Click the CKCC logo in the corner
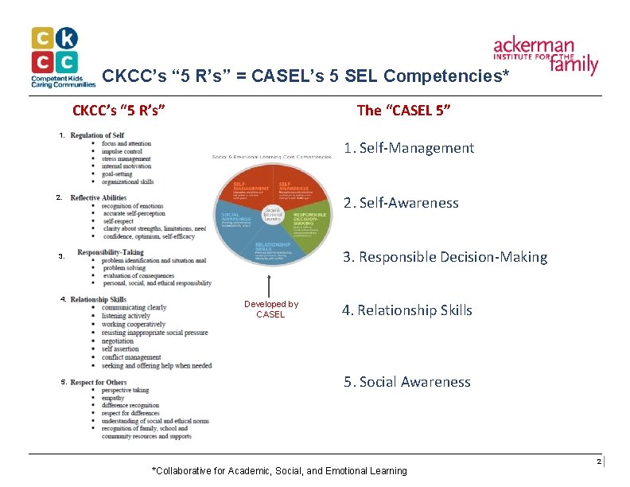pos(55,56)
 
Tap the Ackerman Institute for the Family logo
pos(546,54)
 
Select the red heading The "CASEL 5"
pos(403,111)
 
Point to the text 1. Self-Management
pos(408,148)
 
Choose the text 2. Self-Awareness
pos(401,203)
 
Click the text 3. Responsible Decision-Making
pos(445,257)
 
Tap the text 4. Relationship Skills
pos(406,310)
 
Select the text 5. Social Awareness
pos(406,382)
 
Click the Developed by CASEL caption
pos(270,310)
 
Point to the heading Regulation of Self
pos(97,135)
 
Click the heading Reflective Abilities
pos(98,197)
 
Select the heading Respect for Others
pos(98,383)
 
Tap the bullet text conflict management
pos(131,357)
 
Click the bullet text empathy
pos(113,398)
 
